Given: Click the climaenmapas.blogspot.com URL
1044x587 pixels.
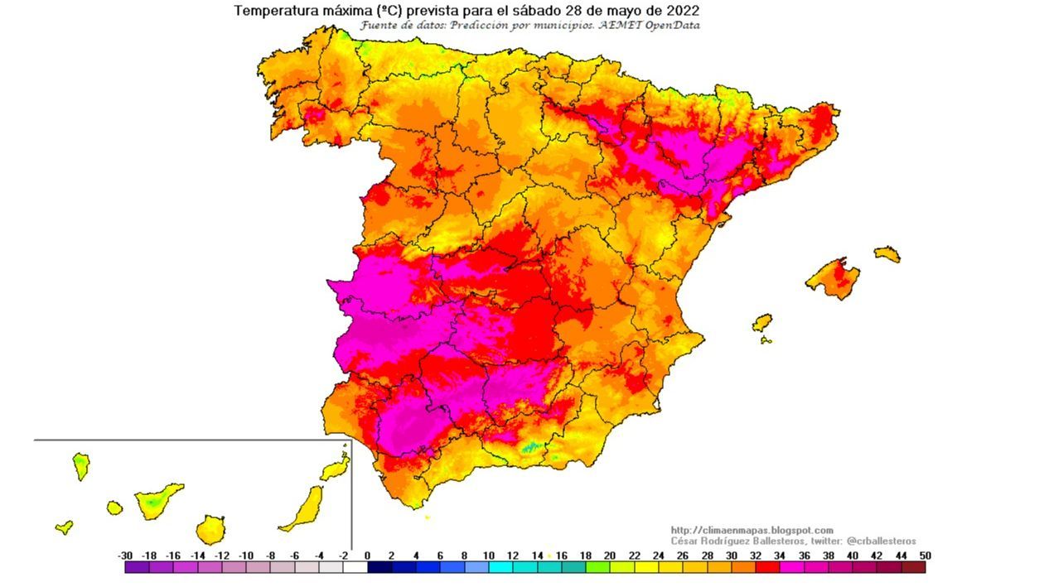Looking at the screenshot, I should [x=752, y=530].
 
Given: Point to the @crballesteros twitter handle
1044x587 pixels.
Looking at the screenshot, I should [x=881, y=541].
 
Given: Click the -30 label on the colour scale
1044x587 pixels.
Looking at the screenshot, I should [x=126, y=556].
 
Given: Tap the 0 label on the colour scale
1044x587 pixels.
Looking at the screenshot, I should [x=367, y=556].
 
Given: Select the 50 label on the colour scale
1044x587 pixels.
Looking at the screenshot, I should [x=925, y=556].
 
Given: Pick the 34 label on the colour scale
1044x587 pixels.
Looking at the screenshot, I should [x=779, y=556].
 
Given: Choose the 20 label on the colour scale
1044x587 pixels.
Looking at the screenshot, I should [x=609, y=556].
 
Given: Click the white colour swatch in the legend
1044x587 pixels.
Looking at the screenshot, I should [x=355, y=568].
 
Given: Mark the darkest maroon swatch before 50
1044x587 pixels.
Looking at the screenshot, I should [x=913, y=568].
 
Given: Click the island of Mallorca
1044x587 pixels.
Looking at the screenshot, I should [x=833, y=278].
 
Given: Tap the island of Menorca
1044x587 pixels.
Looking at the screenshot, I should [x=887, y=253].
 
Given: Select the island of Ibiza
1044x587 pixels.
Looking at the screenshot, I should [x=761, y=322].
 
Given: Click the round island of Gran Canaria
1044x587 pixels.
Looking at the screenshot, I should [x=210, y=529].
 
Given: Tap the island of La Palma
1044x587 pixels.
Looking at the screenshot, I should [x=81, y=464].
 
